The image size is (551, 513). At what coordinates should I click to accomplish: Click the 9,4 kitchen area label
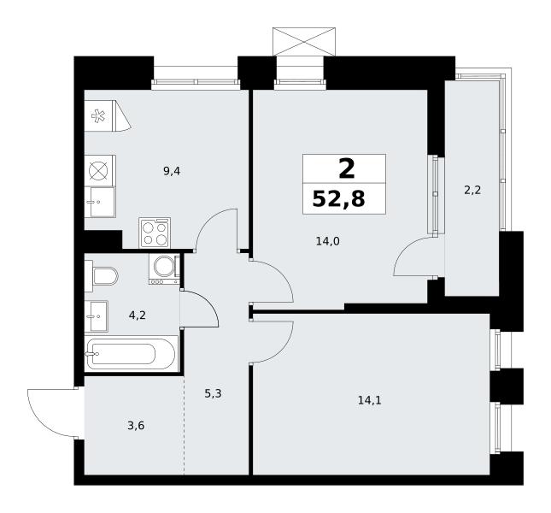[x=172, y=172]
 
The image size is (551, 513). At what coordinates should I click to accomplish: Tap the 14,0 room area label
[x=327, y=241]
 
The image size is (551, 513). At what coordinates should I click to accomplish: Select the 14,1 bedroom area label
[x=369, y=400]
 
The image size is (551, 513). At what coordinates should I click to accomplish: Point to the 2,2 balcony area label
[x=472, y=191]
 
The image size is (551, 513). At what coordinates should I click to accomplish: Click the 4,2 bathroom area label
[x=137, y=315]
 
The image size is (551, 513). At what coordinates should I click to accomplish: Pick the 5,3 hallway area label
[x=213, y=393]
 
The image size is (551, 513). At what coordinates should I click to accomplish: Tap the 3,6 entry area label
[x=136, y=426]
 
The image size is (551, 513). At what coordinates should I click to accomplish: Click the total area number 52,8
[x=339, y=199]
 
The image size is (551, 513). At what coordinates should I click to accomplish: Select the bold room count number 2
[x=347, y=168]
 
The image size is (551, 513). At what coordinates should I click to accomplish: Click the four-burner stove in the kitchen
[x=155, y=233]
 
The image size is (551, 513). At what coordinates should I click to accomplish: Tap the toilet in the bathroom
[x=102, y=276]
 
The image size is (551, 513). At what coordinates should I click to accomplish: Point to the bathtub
[x=131, y=353]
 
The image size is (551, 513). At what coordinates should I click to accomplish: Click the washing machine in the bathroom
[x=165, y=269]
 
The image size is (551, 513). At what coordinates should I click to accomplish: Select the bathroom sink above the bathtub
[x=97, y=316]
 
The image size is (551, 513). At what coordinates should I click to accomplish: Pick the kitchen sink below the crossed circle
[x=100, y=202]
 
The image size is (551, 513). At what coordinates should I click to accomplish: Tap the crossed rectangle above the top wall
[x=304, y=42]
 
